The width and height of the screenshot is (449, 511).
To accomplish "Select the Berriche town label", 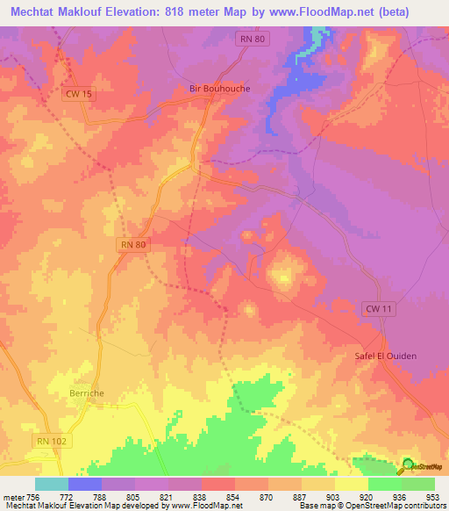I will click(87, 394).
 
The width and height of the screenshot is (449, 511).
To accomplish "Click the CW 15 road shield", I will click(78, 95).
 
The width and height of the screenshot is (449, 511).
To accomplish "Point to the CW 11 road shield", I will click(375, 308).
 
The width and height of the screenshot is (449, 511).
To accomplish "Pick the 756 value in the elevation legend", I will click(32, 496).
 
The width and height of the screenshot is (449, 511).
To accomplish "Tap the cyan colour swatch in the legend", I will click(52, 484).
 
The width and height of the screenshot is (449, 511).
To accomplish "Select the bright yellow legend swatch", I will click(352, 484).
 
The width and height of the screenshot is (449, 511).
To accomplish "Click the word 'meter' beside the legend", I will click(11, 496).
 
